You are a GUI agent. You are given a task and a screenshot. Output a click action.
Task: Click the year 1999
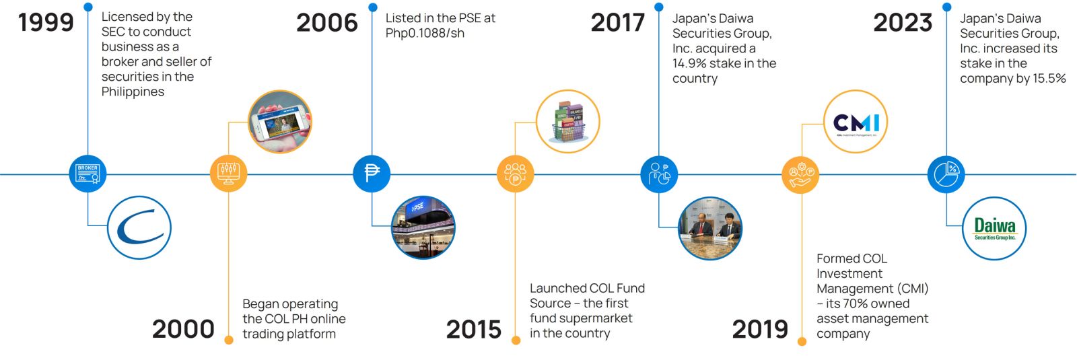coord(46,23)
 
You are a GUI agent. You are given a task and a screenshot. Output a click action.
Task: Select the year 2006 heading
coord(327,23)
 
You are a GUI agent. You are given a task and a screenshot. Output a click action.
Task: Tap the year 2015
coord(474,329)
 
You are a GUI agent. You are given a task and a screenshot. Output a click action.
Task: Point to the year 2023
coord(903,23)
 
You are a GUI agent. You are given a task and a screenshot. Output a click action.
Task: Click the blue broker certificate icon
coord(88,174)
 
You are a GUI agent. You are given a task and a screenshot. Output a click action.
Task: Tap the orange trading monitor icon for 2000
coord(228,174)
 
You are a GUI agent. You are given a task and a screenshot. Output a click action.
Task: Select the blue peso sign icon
coord(372,174)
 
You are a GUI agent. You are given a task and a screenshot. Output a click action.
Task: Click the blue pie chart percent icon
coord(946,174)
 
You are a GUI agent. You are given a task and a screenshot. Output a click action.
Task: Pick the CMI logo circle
coord(856,122)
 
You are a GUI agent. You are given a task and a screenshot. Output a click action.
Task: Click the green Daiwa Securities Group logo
coord(994,228)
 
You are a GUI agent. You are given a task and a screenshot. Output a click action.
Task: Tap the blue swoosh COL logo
coord(139,227)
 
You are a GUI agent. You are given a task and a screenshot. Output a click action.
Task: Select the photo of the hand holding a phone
coord(280,122)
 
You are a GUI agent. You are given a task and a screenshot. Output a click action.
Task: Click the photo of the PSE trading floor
coord(423,227)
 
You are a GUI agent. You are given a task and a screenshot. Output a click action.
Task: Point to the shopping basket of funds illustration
coord(568,121)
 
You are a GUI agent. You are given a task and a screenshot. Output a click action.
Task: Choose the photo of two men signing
coord(710,228)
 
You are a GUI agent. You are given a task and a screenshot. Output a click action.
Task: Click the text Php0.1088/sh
coord(425,33)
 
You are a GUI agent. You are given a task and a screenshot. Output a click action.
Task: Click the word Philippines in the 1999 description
coord(133,92)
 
